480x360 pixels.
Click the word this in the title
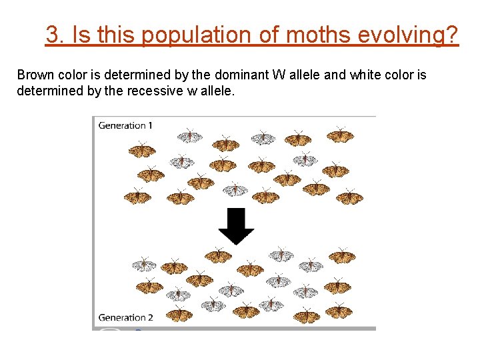point(117,34)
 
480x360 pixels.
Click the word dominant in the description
point(243,75)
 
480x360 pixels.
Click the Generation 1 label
point(126,125)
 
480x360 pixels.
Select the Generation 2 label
point(126,317)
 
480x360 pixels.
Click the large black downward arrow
point(236,225)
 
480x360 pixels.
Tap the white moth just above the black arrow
point(235,190)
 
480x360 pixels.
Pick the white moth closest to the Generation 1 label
point(190,136)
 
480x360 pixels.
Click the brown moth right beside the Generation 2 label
point(178,314)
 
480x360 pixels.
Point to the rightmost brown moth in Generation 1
point(349,197)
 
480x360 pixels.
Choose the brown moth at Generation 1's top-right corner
point(340,135)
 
